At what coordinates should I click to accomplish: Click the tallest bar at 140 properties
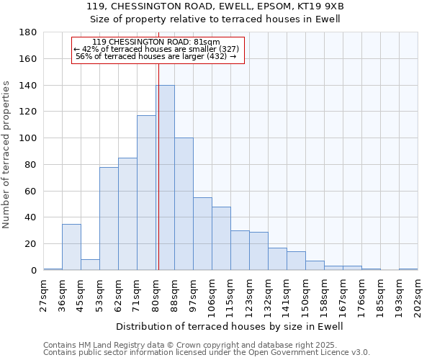pyautogui.click(x=165, y=178)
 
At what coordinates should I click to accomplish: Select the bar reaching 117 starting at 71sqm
pyautogui.click(x=146, y=193)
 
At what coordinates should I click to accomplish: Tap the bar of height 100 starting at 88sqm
pyautogui.click(x=184, y=204)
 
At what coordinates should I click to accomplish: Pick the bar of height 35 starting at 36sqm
pyautogui.click(x=71, y=247)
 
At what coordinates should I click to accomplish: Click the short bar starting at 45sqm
pyautogui.click(x=90, y=264)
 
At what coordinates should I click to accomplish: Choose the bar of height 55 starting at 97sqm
pyautogui.click(x=202, y=234)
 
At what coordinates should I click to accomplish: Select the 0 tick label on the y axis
pyautogui.click(x=33, y=270)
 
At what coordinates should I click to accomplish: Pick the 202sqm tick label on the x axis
pyautogui.click(x=418, y=295)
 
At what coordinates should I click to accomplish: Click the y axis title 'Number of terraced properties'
pyautogui.click(x=7, y=155)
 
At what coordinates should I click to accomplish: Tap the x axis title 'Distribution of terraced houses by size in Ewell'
pyautogui.click(x=230, y=327)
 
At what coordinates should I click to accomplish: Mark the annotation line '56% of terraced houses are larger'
pyautogui.click(x=156, y=56)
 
